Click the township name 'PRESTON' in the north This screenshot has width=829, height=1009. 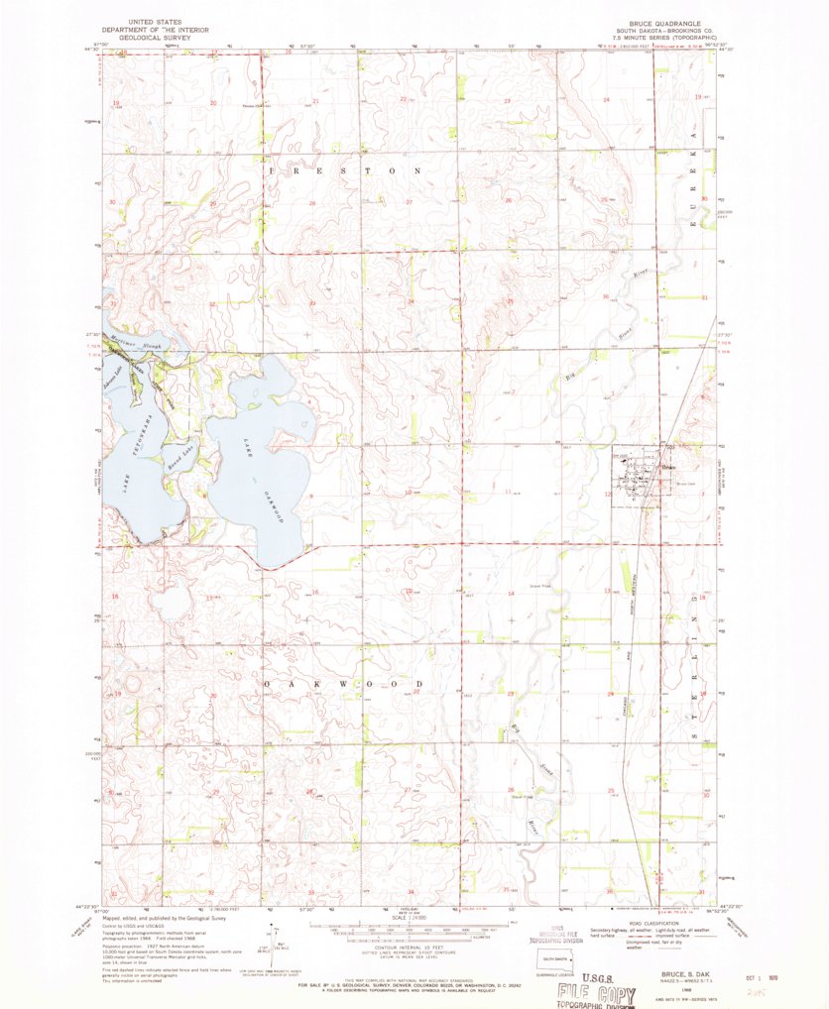pyautogui.click(x=346, y=171)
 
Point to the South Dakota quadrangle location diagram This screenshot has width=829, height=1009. pyautogui.click(x=542, y=964)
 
